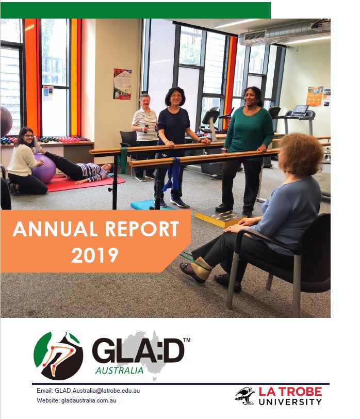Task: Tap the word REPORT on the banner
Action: [x=141, y=230]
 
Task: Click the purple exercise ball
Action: [x=45, y=168]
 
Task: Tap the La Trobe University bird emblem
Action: [x=244, y=395]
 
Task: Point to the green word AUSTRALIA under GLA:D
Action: [x=120, y=370]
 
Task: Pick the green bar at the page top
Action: [x=135, y=10]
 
